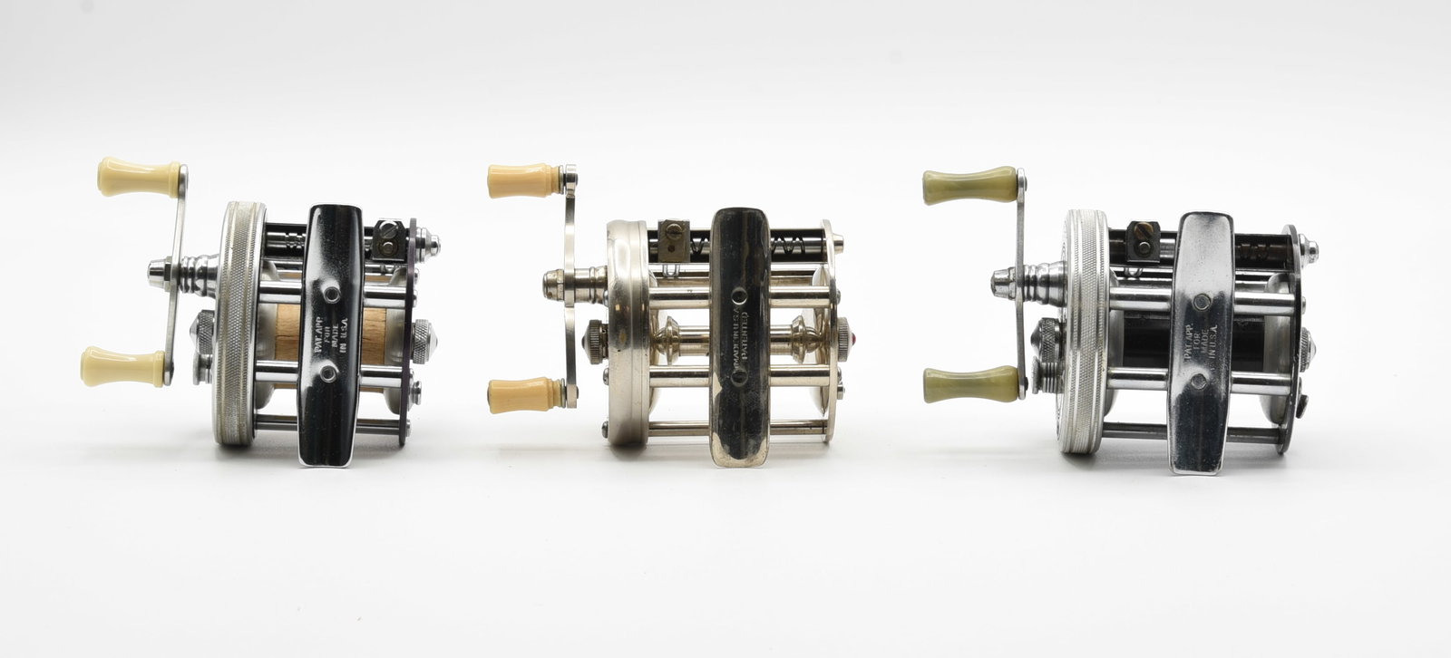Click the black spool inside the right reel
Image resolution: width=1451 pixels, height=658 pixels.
click(1147, 345)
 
